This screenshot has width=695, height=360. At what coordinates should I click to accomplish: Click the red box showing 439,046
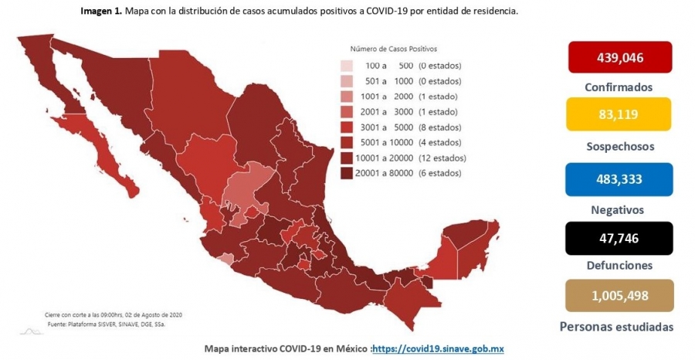tap(620, 57)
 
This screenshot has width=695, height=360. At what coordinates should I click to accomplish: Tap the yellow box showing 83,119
tap(619, 114)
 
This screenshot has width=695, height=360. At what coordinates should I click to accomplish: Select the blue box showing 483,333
tap(619, 179)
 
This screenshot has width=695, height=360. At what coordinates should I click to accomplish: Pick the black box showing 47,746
tap(619, 239)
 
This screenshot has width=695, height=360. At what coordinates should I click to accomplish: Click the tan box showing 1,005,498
tap(619, 295)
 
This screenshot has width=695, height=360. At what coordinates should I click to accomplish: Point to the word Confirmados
tap(619, 87)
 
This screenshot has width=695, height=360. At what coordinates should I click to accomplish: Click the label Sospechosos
tap(620, 146)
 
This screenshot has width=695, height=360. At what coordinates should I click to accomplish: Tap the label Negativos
tap(619, 209)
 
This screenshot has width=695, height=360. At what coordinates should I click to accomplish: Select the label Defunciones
tap(619, 266)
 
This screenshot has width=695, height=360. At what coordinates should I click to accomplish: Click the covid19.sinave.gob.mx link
tap(438, 349)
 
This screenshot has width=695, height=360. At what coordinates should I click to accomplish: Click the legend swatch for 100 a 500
tap(347, 66)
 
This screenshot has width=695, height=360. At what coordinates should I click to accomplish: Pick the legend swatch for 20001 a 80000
tap(347, 173)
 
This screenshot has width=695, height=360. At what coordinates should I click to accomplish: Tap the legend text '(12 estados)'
tap(442, 158)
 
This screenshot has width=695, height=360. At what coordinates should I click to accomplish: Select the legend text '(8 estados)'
tap(439, 127)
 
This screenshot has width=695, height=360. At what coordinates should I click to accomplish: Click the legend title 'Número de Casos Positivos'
tap(394, 49)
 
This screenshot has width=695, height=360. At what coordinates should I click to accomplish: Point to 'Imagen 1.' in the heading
tap(100, 12)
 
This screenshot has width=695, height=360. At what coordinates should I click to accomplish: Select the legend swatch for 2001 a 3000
tap(347, 112)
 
